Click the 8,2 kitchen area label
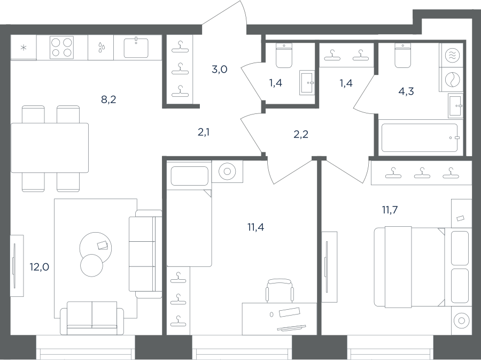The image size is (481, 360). tap(108, 99)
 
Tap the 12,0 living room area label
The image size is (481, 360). tap(39, 267)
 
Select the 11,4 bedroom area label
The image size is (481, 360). tap(256, 227)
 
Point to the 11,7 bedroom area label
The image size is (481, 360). tap(390, 210)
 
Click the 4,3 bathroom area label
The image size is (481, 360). tap(406, 91)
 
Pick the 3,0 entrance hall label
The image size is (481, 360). tap(219, 70)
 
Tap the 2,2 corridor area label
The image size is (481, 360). tap(300, 134)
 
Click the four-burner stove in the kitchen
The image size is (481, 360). tap(61, 48)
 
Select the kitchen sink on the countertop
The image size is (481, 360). tap(136, 48)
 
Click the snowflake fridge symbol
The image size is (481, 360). tap(24, 48)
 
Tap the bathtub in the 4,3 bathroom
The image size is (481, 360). tap(420, 137)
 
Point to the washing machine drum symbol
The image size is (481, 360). tap(452, 80)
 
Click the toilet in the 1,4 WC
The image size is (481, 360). tap(284, 56)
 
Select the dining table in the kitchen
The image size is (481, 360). tap(50, 148)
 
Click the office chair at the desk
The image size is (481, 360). tap(280, 290)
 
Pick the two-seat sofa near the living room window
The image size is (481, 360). tap(92, 318)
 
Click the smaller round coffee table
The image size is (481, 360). tap(91, 265)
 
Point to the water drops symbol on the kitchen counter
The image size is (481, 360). tap(101, 48)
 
